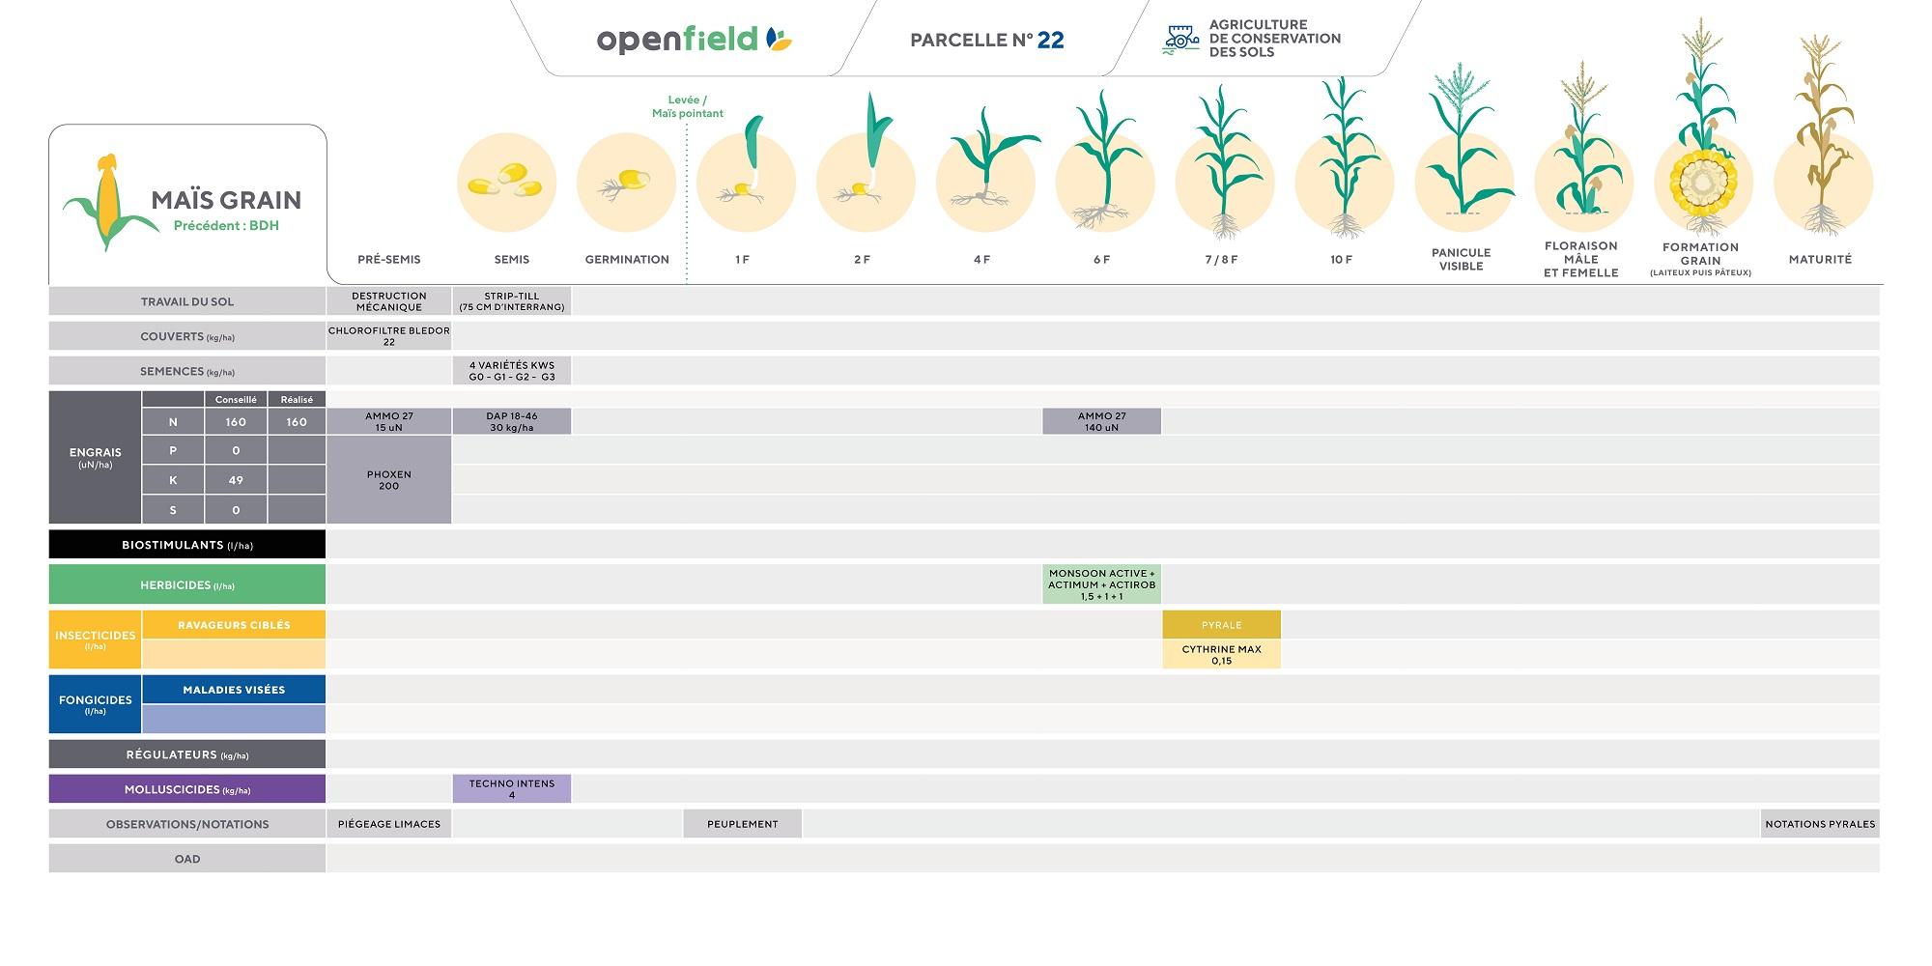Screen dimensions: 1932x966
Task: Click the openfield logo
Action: click(695, 40)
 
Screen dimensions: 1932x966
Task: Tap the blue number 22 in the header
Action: click(1050, 40)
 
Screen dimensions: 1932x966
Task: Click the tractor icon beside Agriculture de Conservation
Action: click(1180, 39)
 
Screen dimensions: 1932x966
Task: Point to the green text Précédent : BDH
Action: click(226, 226)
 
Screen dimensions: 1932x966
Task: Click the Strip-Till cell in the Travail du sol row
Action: click(512, 301)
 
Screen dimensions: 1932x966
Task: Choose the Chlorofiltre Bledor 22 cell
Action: click(389, 336)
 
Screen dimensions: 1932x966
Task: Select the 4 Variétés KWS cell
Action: click(512, 371)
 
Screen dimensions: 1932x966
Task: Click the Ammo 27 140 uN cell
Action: click(1101, 421)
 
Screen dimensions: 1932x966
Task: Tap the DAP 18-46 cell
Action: click(512, 421)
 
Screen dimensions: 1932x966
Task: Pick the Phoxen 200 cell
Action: click(389, 480)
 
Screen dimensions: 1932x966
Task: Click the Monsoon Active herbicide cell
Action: click(1101, 584)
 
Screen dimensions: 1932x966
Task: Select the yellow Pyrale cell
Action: click(1221, 625)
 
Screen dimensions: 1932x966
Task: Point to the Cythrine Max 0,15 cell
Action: click(1221, 655)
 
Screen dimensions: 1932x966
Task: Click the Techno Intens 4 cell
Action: click(512, 789)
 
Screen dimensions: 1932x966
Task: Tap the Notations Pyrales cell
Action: click(1820, 824)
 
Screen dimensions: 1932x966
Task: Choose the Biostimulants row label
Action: click(187, 545)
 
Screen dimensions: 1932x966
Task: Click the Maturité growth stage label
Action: click(1820, 259)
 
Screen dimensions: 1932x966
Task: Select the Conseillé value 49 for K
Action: click(236, 480)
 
